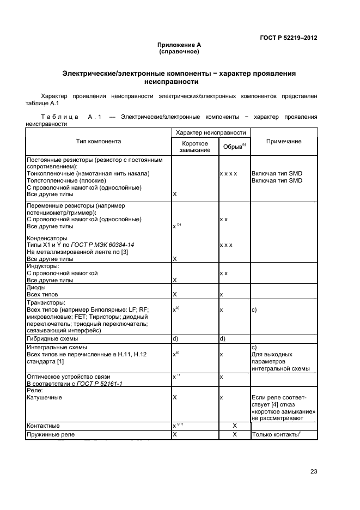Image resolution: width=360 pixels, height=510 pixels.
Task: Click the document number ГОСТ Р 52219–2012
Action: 288,38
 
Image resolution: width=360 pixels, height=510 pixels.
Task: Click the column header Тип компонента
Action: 98,141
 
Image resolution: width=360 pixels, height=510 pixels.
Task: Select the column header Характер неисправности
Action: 210,132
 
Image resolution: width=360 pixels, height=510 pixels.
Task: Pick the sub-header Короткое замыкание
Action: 194,147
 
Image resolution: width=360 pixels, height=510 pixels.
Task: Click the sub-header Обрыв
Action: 234,147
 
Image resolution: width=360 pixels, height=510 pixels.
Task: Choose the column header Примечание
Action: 283,141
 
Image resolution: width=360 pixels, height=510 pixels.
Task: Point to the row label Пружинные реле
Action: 50,435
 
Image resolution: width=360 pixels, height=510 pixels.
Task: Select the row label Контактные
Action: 43,426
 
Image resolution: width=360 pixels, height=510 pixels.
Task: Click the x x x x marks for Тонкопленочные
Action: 228,173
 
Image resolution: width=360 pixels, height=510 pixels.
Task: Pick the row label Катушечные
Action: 44,397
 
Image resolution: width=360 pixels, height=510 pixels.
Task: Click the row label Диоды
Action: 37,287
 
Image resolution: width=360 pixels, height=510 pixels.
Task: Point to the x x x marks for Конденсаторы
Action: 226,245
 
